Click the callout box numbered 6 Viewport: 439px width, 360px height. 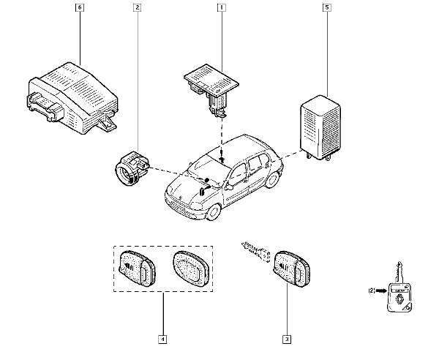tap(80, 9)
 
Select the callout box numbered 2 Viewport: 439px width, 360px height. tap(137, 9)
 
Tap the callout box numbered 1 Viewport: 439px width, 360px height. tap(220, 9)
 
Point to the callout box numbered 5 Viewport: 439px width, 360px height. tap(327, 9)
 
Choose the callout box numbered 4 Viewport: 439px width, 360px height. tap(162, 340)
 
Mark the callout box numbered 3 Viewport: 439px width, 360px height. tap(287, 340)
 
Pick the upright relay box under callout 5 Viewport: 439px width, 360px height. tap(320, 126)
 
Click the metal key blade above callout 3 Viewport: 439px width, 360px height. tap(254, 252)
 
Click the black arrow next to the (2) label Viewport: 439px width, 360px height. tap(383, 291)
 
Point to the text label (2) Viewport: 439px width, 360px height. tap(371, 291)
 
